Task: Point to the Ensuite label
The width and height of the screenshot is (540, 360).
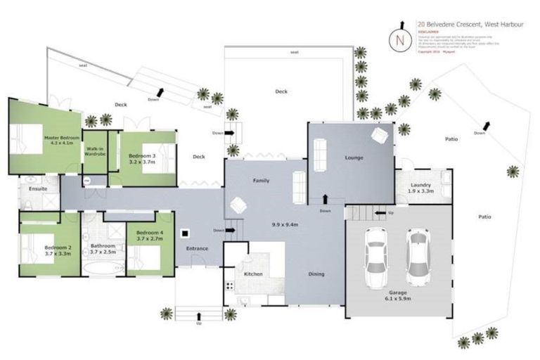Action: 38,189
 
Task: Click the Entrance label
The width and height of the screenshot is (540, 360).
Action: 197,249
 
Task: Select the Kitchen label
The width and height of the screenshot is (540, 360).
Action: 253,274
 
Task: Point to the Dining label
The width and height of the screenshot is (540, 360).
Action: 316,274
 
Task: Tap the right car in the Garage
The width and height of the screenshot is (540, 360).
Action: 418,253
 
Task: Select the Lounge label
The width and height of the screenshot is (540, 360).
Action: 354,157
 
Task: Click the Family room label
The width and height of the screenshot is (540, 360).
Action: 262,181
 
